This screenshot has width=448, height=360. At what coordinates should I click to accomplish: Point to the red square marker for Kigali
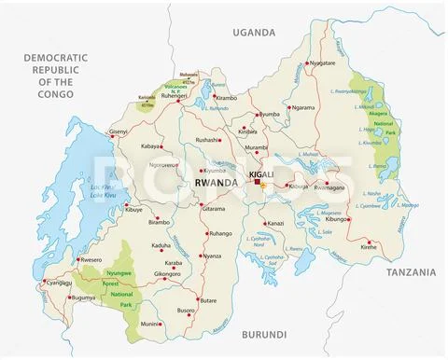(x=259, y=184)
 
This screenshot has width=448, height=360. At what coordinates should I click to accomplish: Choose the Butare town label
(x=208, y=301)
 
